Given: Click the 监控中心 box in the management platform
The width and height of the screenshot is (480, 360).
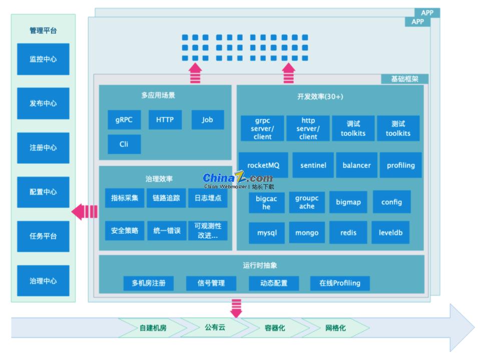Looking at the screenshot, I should (x=43, y=59).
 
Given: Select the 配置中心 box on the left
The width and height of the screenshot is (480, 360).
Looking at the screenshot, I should (x=43, y=192).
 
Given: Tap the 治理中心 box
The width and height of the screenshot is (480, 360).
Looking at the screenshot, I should (x=43, y=281).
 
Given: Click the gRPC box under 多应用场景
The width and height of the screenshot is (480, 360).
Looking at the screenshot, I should (x=124, y=120).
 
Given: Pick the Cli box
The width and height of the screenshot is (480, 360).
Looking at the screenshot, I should (x=124, y=144).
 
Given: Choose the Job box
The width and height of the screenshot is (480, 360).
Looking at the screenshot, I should (x=207, y=120).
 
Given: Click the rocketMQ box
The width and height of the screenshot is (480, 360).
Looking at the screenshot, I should (x=263, y=165).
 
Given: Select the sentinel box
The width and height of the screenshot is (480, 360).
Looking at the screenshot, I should (x=313, y=165).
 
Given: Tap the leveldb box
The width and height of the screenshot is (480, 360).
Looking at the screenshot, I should (x=390, y=233).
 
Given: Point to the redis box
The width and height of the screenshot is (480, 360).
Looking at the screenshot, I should (x=348, y=233).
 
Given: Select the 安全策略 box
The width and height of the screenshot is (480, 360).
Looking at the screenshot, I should (x=125, y=231).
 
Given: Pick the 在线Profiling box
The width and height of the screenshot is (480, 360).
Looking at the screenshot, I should (x=340, y=283).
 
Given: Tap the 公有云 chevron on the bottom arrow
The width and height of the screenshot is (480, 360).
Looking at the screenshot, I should (x=215, y=327).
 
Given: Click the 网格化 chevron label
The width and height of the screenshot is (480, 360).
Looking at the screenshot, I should (x=335, y=328).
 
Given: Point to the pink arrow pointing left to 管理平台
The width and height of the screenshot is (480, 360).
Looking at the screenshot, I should (x=85, y=212).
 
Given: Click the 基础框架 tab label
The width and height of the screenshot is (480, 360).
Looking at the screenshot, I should (x=404, y=79).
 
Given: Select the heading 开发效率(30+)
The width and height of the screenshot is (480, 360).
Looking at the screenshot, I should (x=320, y=97).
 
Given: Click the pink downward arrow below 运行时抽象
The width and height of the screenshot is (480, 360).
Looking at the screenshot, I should (x=236, y=307).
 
